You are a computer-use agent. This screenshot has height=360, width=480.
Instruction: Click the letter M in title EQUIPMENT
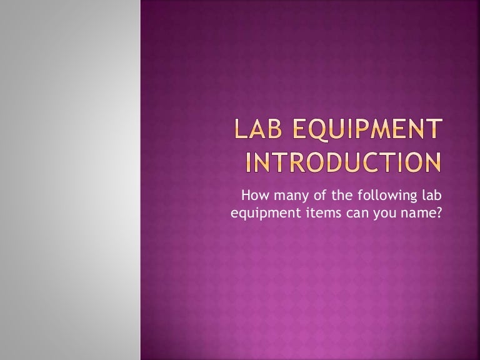tap(382, 132)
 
